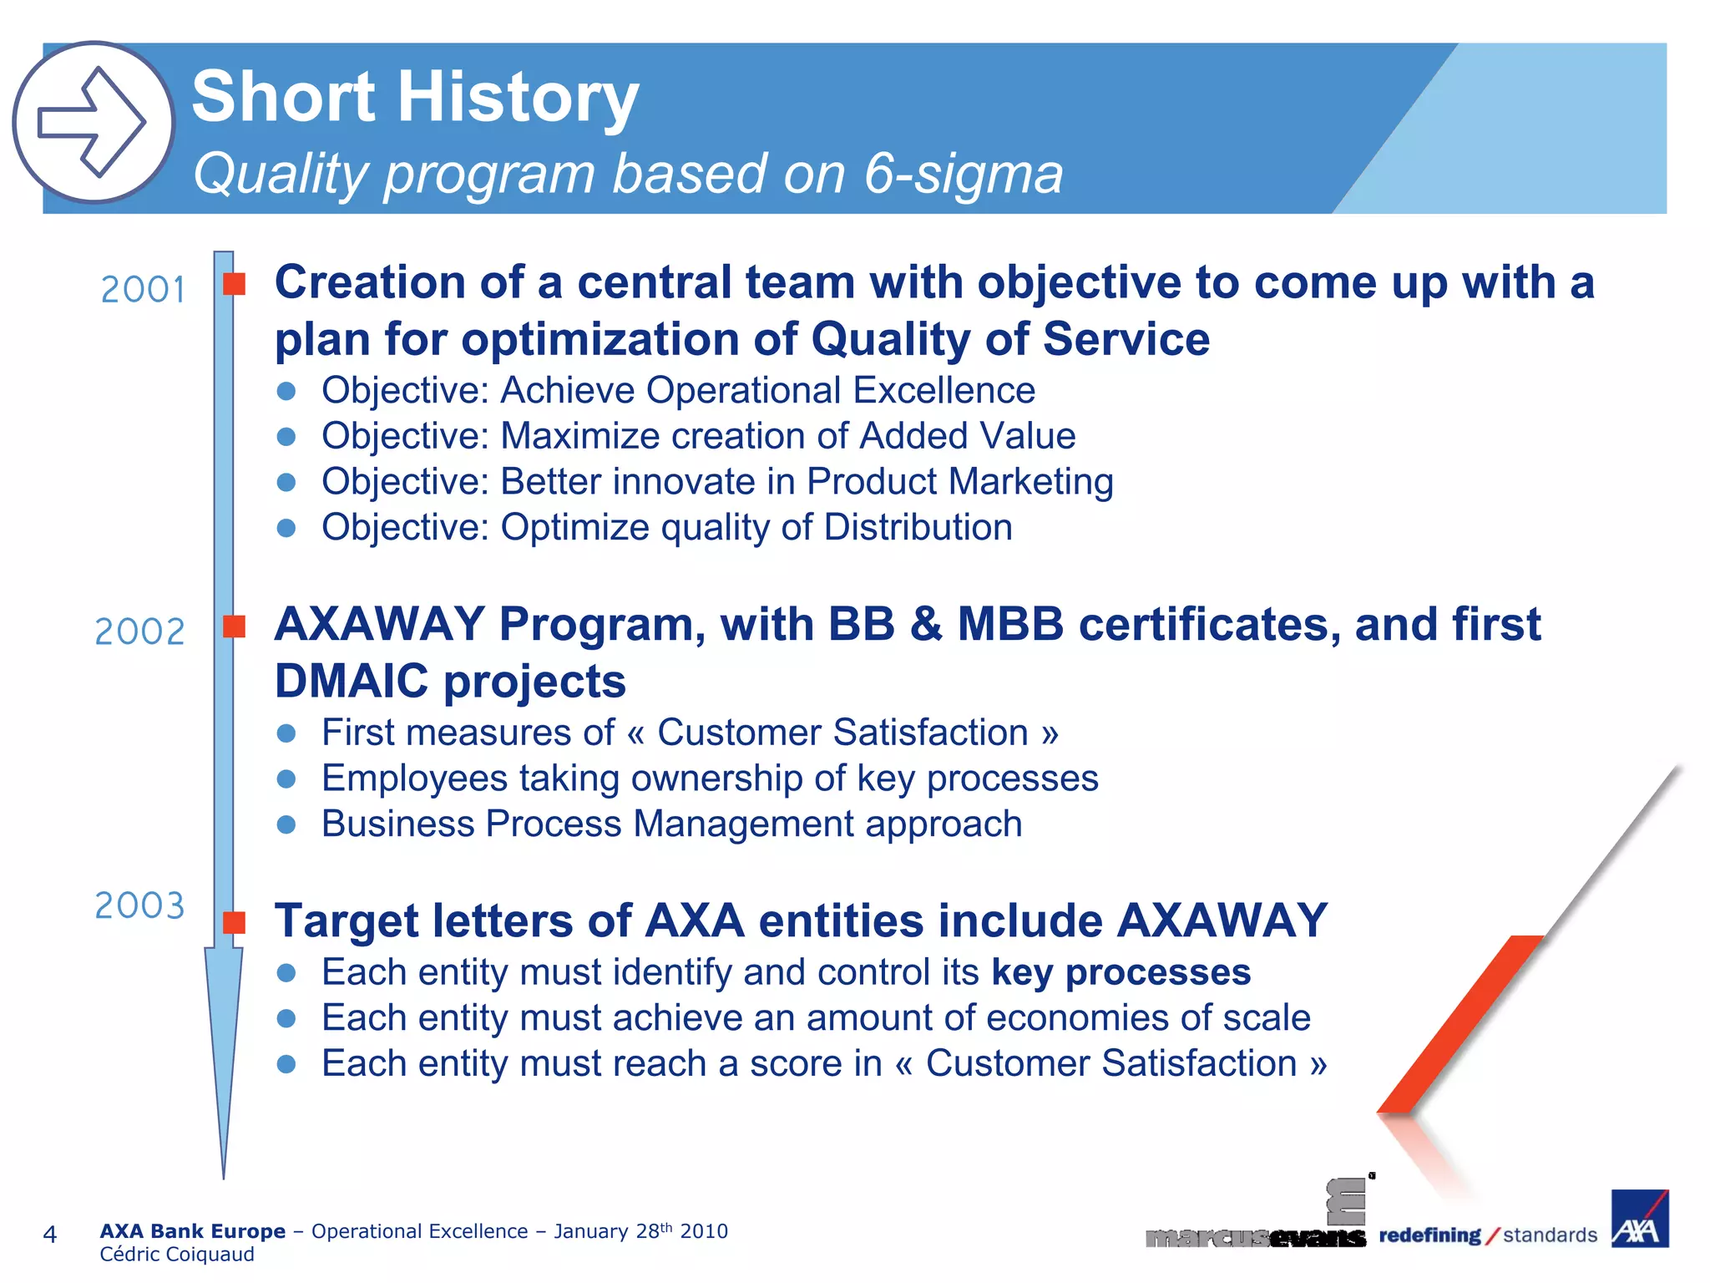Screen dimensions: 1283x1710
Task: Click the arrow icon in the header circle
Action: click(x=93, y=122)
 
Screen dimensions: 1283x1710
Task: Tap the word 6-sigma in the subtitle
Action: click(x=964, y=174)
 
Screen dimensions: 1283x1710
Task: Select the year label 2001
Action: click(x=143, y=290)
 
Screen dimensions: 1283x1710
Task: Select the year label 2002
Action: click(x=139, y=632)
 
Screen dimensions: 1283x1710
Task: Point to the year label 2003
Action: click(x=139, y=906)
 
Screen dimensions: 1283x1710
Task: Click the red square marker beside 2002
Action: click(x=235, y=626)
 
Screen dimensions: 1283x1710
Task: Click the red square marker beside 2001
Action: click(x=235, y=284)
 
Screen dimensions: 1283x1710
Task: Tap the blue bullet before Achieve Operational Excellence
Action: click(x=286, y=391)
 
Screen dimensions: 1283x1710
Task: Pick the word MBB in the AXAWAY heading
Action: click(x=1010, y=625)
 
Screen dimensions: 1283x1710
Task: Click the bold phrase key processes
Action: click(x=1121, y=972)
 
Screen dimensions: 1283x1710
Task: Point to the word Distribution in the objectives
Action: click(x=918, y=528)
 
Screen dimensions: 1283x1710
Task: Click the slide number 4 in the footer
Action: click(x=49, y=1235)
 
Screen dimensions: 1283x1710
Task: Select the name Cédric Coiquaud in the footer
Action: click(x=177, y=1255)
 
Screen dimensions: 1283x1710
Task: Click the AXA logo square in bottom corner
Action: click(x=1639, y=1220)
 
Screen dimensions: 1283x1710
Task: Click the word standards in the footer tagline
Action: click(x=1550, y=1235)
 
